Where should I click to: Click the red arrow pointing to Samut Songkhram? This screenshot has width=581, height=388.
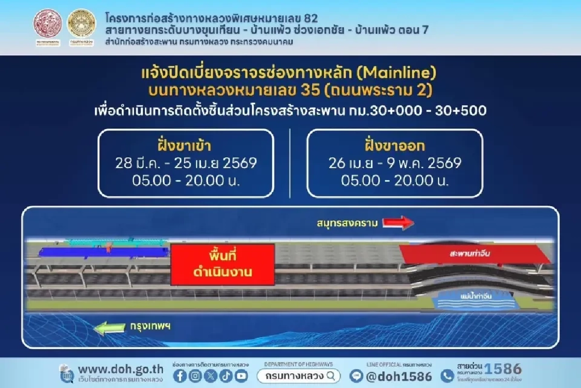coord(398,223)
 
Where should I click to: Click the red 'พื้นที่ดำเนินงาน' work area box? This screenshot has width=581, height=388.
coord(223,264)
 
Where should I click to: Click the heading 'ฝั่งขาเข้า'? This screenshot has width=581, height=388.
coord(186,145)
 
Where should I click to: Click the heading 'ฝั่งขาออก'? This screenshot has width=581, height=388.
coord(395,145)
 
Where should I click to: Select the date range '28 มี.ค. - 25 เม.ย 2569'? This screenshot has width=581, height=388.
coord(186,163)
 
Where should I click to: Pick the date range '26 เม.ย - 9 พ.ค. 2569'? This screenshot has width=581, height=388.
coord(395,163)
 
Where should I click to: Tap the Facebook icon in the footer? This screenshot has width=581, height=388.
coord(179,376)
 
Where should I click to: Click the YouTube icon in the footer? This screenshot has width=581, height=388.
coord(241,376)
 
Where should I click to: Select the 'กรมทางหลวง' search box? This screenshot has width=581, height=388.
coord(299,375)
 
